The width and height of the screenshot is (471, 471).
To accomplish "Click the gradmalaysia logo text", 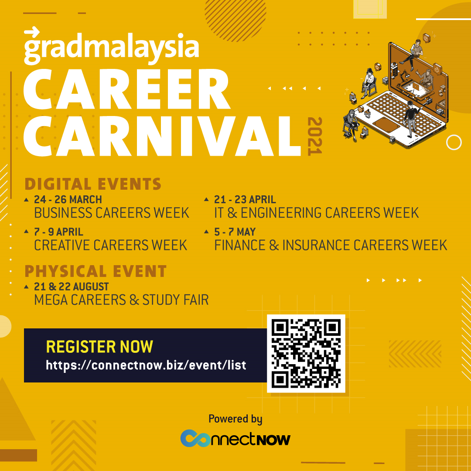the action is pos(111,46).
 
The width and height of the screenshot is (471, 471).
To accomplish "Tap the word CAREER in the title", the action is pos(127,89).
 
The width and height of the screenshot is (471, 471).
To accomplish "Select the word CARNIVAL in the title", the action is pos(162,136).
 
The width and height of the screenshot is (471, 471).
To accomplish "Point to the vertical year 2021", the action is pos(315,136).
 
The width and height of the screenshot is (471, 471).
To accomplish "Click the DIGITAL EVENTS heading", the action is pos(93,184).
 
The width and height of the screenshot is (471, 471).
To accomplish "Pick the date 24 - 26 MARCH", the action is pos(68,199).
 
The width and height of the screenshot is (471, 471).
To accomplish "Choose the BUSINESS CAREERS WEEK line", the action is pos(112,213).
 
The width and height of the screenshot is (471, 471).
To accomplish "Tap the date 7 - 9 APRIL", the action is pos(58,232).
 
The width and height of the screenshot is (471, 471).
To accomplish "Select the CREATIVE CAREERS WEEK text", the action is pos(110,245).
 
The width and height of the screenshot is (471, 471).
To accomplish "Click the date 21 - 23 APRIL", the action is pos(245,199).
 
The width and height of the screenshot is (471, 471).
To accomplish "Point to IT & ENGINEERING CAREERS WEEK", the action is pos(316,213).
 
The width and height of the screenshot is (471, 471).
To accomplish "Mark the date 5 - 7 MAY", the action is pos(235,232).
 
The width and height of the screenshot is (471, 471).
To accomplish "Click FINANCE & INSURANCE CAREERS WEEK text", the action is pos(331,245).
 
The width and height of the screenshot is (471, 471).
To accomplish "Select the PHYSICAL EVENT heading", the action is pos(96,271).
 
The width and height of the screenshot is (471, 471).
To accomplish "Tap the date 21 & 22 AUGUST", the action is pos(71,287).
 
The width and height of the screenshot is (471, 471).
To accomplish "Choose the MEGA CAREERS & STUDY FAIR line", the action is pos(121,300).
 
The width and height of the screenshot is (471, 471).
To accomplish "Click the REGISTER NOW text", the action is pos(99,347).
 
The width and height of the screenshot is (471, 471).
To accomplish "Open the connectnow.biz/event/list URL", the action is pos(146,365).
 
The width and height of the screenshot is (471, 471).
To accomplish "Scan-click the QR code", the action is pos(306,354).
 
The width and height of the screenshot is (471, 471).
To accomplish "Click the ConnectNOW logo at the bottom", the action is pos(235,438).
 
